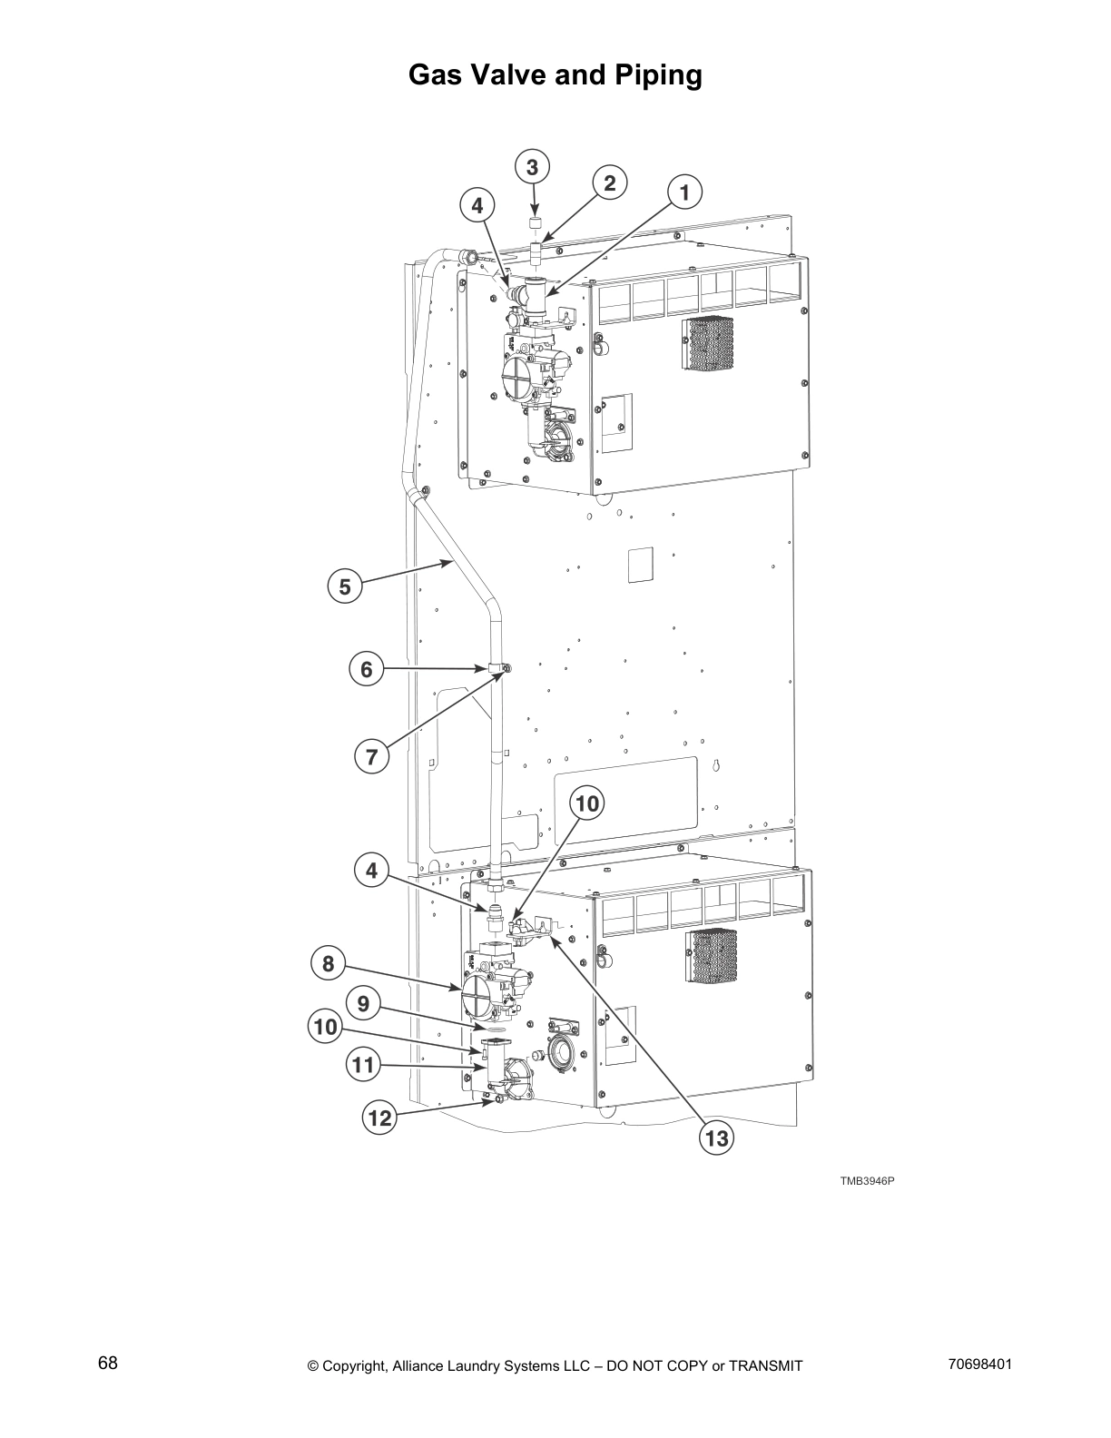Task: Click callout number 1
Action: point(685,192)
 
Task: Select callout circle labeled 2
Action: point(610,183)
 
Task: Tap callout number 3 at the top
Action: point(532,167)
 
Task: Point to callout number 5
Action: point(345,586)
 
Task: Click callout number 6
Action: point(367,670)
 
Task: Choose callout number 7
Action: point(371,756)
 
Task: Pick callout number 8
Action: point(329,963)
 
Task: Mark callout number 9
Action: point(363,1004)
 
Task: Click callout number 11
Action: point(364,1064)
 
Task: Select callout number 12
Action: point(379,1118)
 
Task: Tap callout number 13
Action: point(717,1138)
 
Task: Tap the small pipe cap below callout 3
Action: point(536,222)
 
